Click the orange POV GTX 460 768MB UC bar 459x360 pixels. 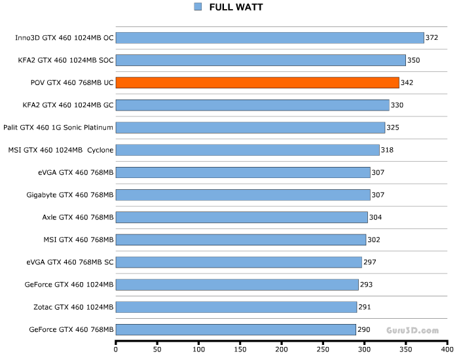pyautogui.click(x=257, y=82)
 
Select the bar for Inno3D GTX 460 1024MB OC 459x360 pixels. pyautogui.click(x=270, y=38)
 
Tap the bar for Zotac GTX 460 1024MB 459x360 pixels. pyautogui.click(x=236, y=307)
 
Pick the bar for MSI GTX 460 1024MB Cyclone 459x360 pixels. pyautogui.click(x=248, y=150)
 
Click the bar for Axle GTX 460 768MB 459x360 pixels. pyautogui.click(x=242, y=217)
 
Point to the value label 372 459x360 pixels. pyautogui.click(x=431, y=38)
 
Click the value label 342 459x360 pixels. pyautogui.click(x=407, y=83)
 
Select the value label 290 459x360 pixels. pyautogui.click(x=363, y=329)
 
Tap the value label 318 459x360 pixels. pyautogui.click(x=387, y=150)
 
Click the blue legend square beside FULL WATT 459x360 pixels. pyautogui.click(x=198, y=7)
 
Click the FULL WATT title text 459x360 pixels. pyautogui.click(x=236, y=7)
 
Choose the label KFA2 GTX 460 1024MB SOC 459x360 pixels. pyautogui.click(x=66, y=60)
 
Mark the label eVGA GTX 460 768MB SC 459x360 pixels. pyautogui.click(x=70, y=262)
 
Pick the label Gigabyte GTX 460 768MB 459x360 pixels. pyautogui.click(x=70, y=195)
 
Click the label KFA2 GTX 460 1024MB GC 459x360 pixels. pyautogui.click(x=68, y=105)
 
